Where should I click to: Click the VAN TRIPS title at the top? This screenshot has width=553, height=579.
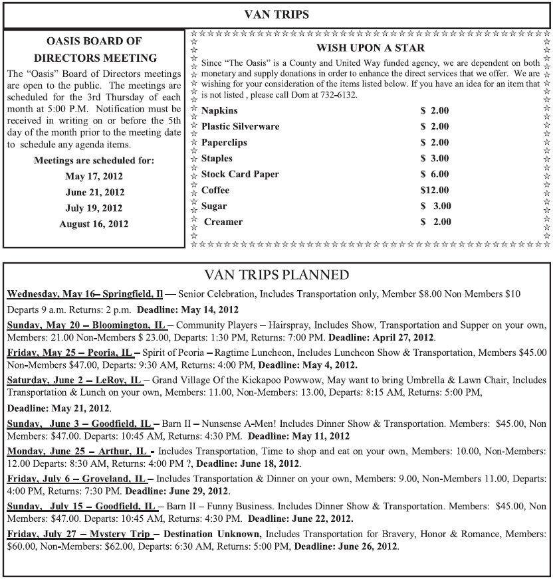pyautogui.click(x=276, y=13)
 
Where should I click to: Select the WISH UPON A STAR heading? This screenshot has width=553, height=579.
pyautogui.click(x=370, y=48)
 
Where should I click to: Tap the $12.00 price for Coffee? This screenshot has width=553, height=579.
pyautogui.click(x=435, y=190)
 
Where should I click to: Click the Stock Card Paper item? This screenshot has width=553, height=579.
pyautogui.click(x=240, y=174)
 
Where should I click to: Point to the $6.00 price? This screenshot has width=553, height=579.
pyautogui.click(x=435, y=174)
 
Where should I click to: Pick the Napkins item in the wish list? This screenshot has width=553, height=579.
pyautogui.click(x=219, y=110)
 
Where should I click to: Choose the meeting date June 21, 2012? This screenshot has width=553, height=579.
pyautogui.click(x=94, y=192)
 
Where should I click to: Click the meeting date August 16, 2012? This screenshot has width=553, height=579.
pyautogui.click(x=94, y=224)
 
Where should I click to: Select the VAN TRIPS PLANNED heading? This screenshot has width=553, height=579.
pyautogui.click(x=276, y=274)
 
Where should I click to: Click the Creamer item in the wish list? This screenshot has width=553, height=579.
pyautogui.click(x=223, y=222)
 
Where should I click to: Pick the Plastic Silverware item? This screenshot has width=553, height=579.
pyautogui.click(x=240, y=126)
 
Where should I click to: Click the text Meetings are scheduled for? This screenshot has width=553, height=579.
pyautogui.click(x=94, y=160)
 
